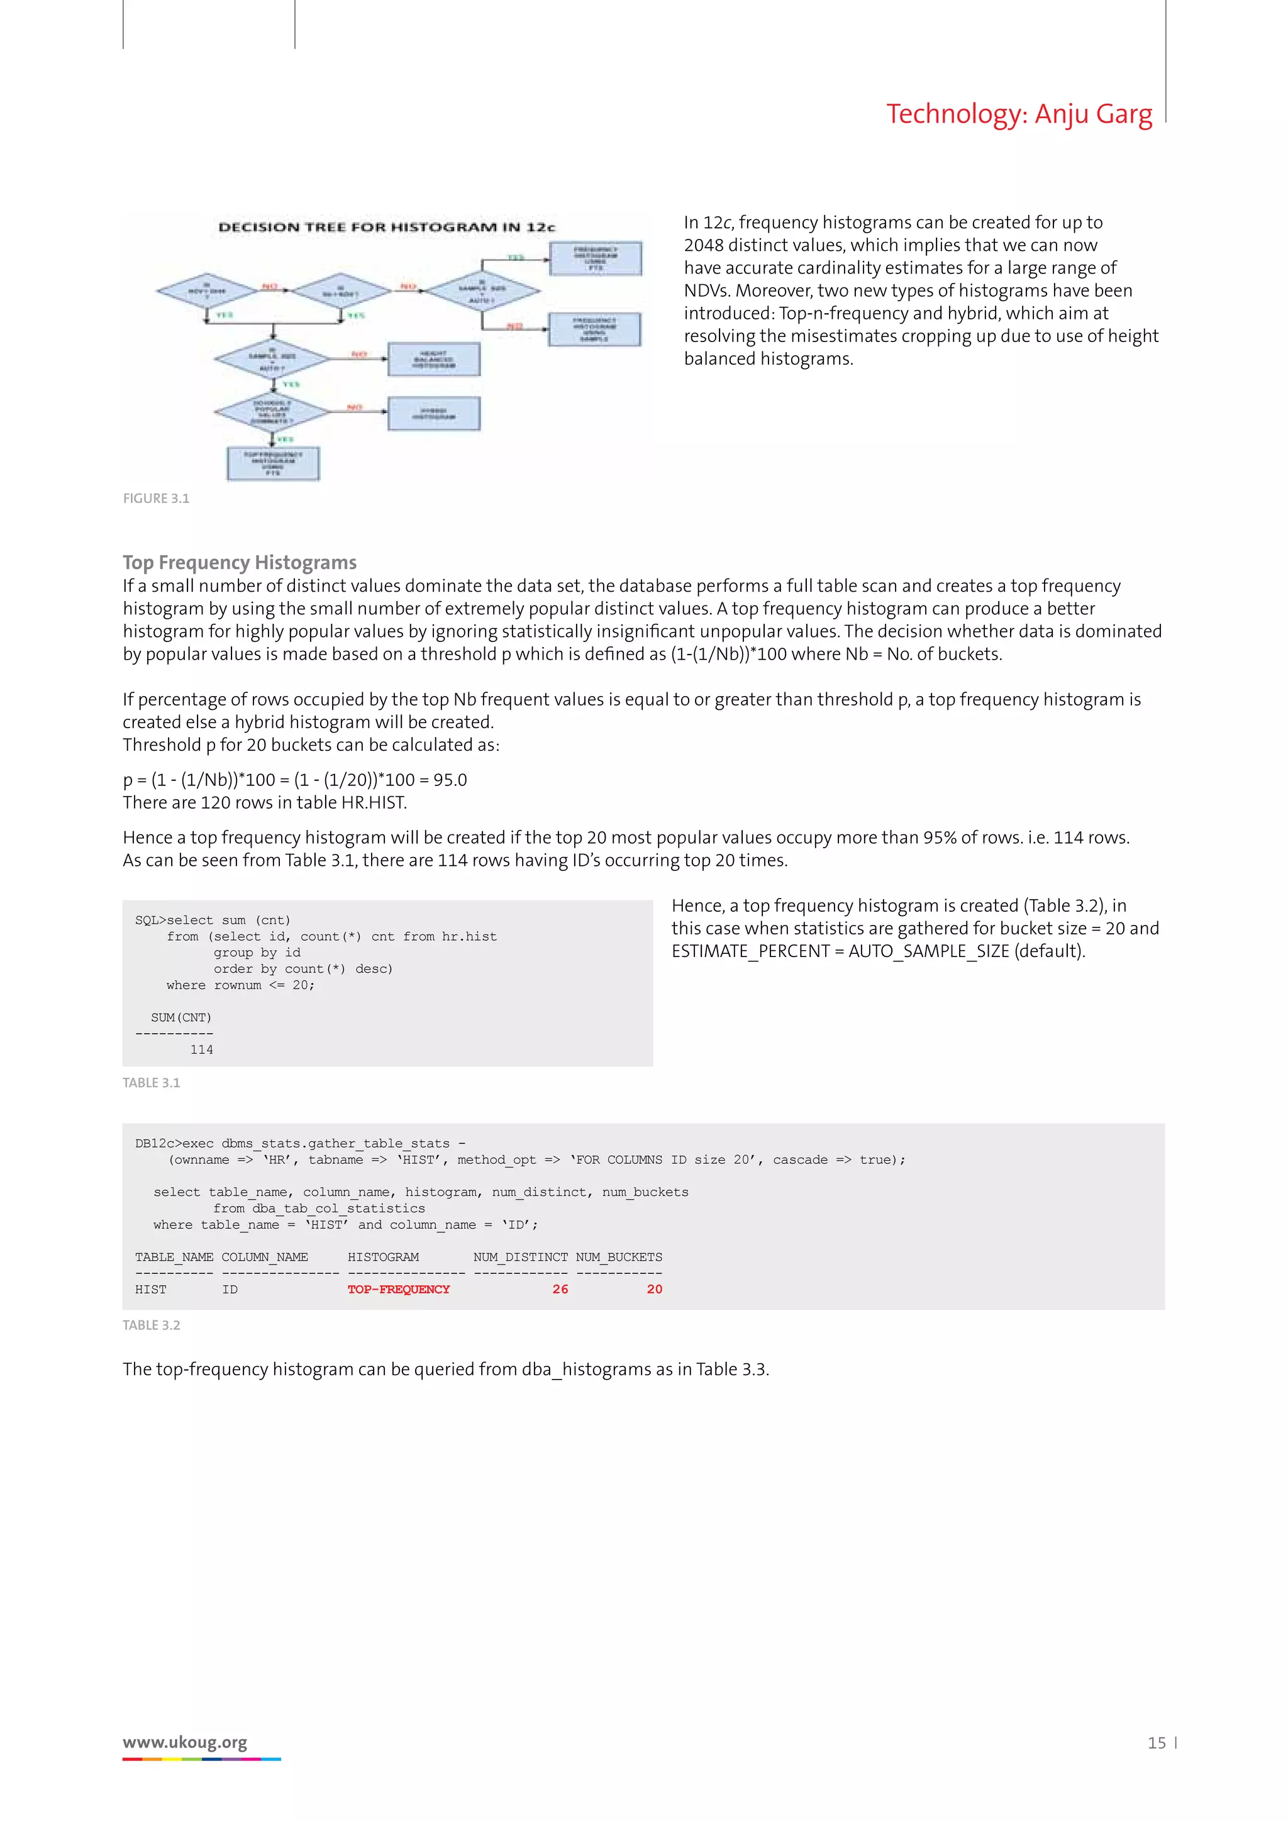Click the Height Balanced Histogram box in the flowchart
(x=434, y=359)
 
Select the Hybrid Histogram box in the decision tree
(x=434, y=414)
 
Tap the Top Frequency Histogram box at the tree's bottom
(x=273, y=464)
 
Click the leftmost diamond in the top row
(x=206, y=291)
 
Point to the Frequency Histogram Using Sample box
(x=594, y=329)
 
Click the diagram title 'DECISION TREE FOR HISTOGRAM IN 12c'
(x=386, y=228)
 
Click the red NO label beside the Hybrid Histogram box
(x=355, y=407)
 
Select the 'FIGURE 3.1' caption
(x=155, y=499)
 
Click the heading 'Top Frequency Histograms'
(x=240, y=562)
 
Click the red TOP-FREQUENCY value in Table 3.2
(x=398, y=1290)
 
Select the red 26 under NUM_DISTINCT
(x=560, y=1290)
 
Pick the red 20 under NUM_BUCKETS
(x=653, y=1290)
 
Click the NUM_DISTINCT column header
(x=520, y=1257)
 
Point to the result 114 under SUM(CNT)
(x=201, y=1050)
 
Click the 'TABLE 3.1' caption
(x=152, y=1083)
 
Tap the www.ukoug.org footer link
(x=185, y=1742)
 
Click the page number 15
(x=1157, y=1743)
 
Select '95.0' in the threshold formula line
(x=450, y=780)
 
